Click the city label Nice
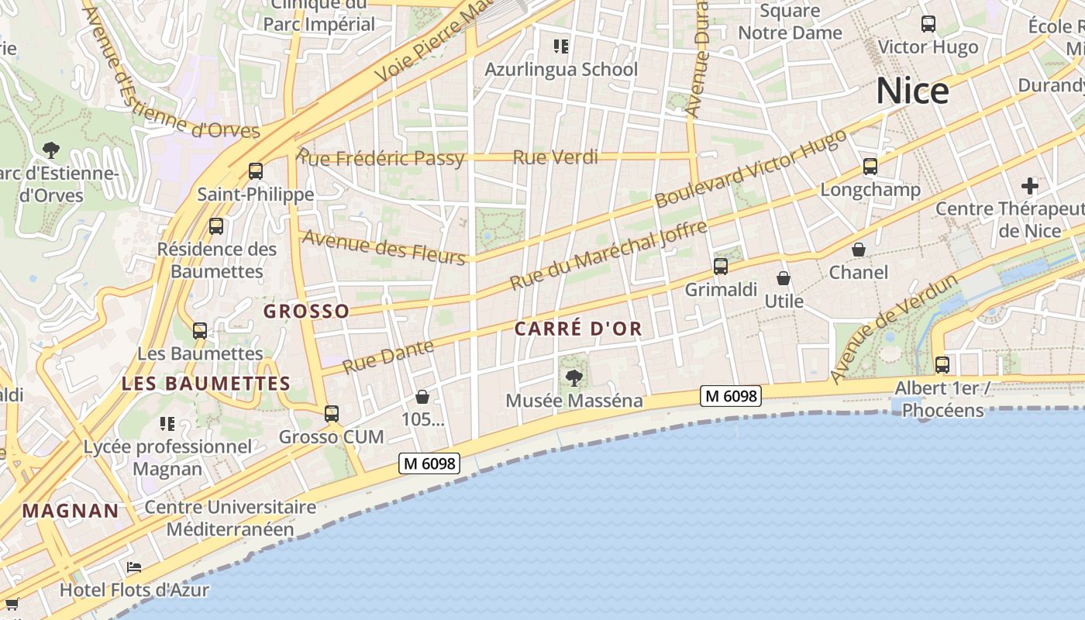coord(912,91)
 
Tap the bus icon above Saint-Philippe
coord(255,171)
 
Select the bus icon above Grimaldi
coord(721,267)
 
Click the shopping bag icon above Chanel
coord(859,250)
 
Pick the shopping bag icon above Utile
coord(784,278)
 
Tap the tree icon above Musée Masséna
coord(574,378)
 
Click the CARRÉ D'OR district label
coord(578,329)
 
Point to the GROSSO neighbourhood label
coord(306,312)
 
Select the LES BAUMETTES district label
coord(206,384)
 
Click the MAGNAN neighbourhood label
coord(71,511)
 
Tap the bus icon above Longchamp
coord(870,167)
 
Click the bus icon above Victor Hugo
coord(928,24)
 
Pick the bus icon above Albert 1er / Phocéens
coord(942,364)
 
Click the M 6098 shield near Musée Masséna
coord(731,396)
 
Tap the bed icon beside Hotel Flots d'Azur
coord(134,567)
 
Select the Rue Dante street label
coord(388,356)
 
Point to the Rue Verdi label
coord(556,157)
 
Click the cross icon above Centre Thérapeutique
coord(1030,186)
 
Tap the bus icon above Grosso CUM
coord(332,414)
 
